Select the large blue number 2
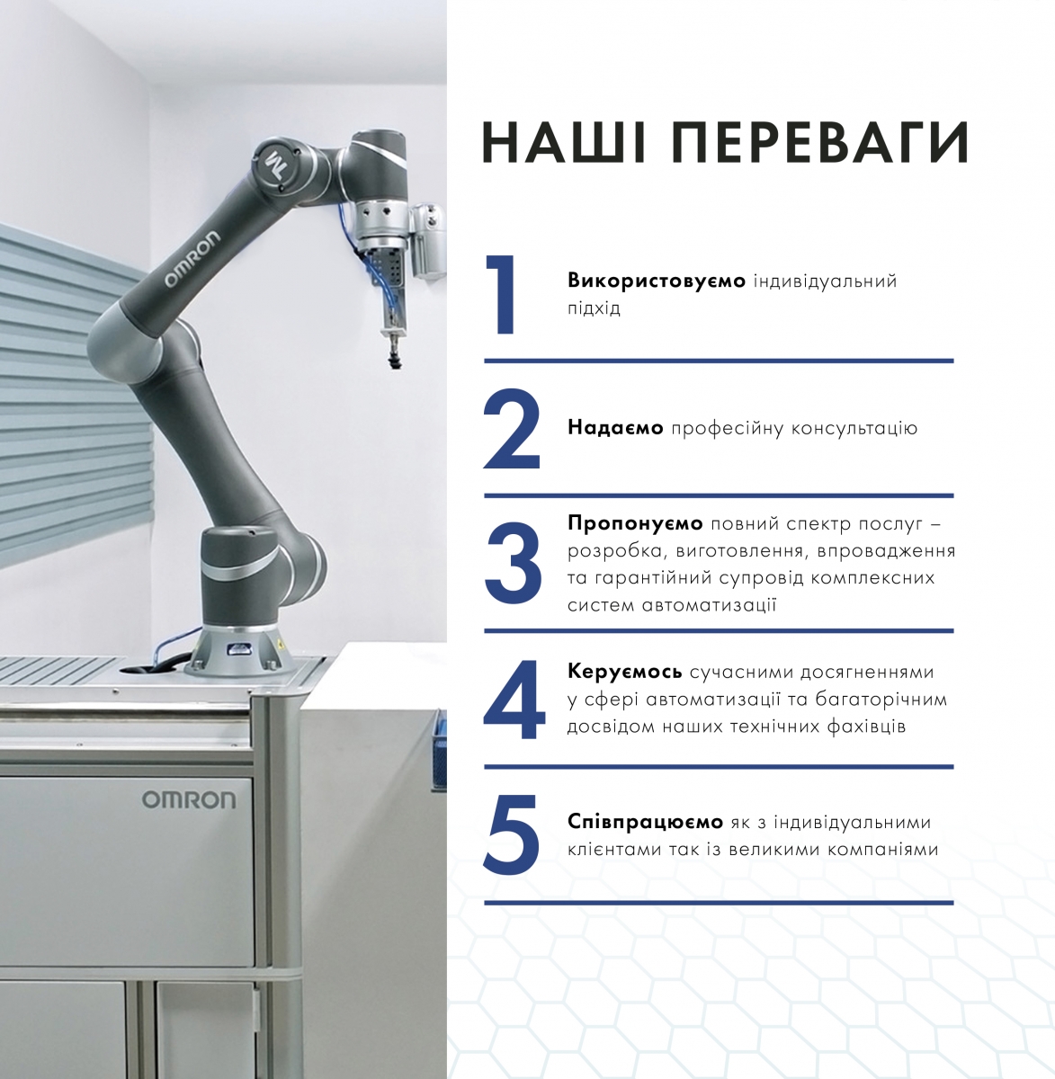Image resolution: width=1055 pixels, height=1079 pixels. click(512, 429)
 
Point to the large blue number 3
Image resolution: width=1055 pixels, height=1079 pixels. click(513, 564)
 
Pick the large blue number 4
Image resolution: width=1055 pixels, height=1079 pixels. click(514, 700)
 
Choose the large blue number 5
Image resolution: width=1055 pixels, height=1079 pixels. click(512, 835)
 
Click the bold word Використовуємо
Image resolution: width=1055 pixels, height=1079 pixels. click(657, 281)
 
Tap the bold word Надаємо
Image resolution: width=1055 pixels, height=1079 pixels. click(615, 427)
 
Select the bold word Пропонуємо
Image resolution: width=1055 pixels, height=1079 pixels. click(635, 523)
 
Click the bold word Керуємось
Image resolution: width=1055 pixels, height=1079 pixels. click(624, 672)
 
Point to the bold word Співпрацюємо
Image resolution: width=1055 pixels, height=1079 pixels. click(645, 822)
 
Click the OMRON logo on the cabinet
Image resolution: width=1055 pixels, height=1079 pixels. click(189, 799)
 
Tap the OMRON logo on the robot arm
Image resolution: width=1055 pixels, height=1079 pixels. click(192, 260)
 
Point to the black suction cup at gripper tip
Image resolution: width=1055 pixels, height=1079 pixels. click(394, 360)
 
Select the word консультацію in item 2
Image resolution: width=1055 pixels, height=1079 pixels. click(854, 429)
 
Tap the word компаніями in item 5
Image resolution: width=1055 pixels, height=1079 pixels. click(881, 850)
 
